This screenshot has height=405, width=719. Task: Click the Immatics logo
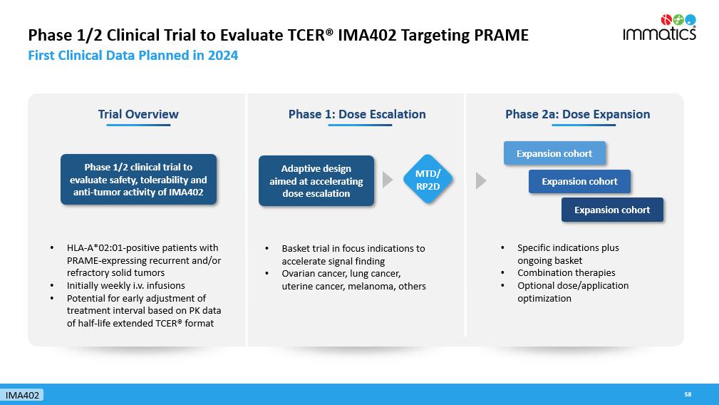tap(659, 28)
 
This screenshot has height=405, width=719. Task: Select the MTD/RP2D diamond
tap(428, 180)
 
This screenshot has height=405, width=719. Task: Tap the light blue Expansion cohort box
tap(554, 153)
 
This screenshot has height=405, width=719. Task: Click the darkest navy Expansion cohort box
tap(612, 210)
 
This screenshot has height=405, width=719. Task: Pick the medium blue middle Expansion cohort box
tap(579, 181)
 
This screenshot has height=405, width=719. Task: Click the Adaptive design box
tap(316, 180)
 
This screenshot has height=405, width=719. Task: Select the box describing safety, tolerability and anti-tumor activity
tap(138, 180)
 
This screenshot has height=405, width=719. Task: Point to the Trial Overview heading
tap(138, 114)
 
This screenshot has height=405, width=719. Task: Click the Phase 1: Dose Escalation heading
tap(357, 114)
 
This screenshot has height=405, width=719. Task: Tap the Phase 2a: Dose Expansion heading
tap(577, 114)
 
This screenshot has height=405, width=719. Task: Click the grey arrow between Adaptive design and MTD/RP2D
tap(388, 180)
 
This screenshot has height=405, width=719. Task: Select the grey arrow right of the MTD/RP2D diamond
tap(481, 180)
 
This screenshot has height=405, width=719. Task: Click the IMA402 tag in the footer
tap(22, 395)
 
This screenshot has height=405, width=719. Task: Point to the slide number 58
tap(688, 394)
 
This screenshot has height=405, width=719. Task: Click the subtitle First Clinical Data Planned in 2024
tap(133, 56)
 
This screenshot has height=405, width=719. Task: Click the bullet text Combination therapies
tap(567, 272)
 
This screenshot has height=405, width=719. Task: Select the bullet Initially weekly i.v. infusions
tap(125, 285)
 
